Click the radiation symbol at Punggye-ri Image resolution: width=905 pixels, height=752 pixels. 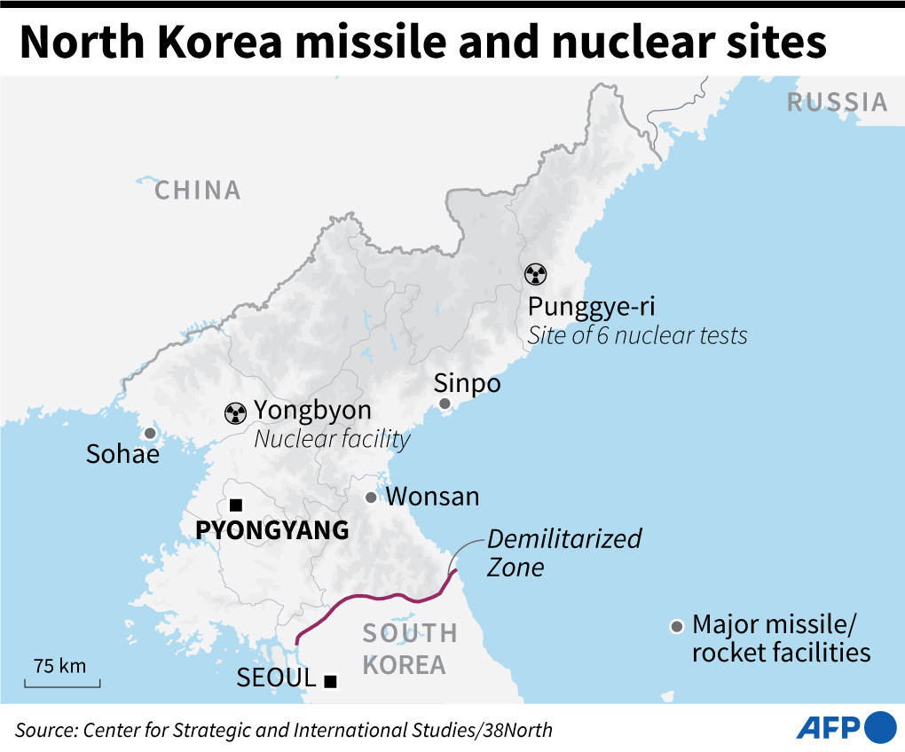point(536,275)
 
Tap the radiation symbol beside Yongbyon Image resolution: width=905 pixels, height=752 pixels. point(235,411)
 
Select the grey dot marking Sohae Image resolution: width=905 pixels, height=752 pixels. point(150,434)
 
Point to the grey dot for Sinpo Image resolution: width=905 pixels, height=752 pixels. point(445,404)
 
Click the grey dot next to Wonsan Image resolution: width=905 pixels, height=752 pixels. point(372,497)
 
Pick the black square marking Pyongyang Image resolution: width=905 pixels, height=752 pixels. point(235,505)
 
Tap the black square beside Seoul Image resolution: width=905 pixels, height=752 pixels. point(330,681)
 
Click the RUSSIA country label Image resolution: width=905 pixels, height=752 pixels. point(837,103)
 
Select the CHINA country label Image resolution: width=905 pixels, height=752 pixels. point(198,191)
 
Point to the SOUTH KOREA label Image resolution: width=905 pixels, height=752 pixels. point(409,648)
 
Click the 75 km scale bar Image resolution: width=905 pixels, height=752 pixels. point(61,682)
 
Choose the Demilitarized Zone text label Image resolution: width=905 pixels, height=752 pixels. point(564,552)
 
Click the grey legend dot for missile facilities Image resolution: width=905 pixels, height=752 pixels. point(677,627)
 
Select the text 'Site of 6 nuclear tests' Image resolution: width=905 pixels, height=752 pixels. point(637,335)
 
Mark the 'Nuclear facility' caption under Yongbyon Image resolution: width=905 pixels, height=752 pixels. point(333,439)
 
